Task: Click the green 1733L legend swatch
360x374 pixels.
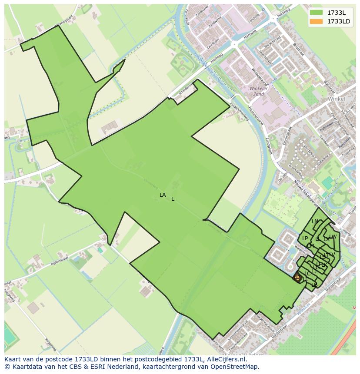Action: [316, 13]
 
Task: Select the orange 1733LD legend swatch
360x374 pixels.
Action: [316, 21]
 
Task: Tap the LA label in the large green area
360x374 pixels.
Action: [163, 195]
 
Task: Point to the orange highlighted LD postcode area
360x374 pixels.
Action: [297, 277]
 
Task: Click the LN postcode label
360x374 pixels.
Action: [315, 222]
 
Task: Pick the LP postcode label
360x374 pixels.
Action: [305, 238]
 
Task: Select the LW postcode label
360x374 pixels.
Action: [333, 237]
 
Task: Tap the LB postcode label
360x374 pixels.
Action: [314, 285]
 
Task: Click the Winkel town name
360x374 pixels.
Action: [337, 99]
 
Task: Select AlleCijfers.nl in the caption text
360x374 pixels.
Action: [226, 359]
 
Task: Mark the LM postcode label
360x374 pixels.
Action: [310, 246]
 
